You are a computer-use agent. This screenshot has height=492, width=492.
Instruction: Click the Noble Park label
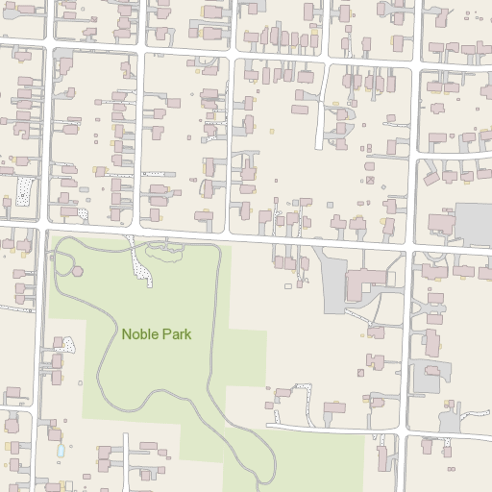coord(156,334)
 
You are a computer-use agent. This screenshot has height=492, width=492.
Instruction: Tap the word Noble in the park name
coord(139,334)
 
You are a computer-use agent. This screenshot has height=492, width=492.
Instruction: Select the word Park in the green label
coord(177,334)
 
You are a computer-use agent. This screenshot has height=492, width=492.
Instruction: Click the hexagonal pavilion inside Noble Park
coord(77,271)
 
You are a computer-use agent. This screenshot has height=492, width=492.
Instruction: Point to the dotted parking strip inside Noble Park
coord(142,269)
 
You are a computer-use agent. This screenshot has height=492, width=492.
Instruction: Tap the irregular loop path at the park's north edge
coord(163,252)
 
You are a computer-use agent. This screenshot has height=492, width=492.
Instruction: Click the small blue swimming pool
coord(61,450)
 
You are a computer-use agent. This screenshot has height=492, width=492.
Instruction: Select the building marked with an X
coord(369,180)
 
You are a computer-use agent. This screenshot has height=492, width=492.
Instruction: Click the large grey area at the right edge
coord(473,223)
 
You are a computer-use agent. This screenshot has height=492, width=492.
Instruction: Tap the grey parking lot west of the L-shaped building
coord(332,279)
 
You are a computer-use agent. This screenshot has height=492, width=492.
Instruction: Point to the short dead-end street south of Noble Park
coord(125,461)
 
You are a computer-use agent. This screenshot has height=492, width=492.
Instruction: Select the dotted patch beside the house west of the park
coord(68,342)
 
